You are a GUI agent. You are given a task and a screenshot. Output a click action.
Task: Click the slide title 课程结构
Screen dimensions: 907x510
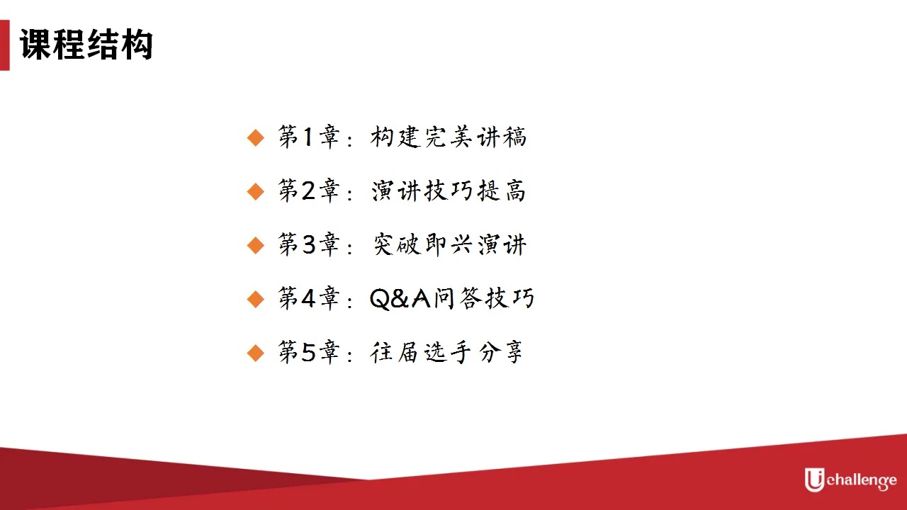click(x=86, y=45)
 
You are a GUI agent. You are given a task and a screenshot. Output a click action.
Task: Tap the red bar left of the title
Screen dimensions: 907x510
click(x=4, y=45)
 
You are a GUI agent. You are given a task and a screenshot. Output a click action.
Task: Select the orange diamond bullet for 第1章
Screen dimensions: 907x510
click(x=256, y=137)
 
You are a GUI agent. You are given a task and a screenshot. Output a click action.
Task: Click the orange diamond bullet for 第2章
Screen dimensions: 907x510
click(x=256, y=191)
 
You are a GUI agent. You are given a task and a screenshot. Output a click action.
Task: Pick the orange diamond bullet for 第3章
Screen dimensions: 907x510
click(x=256, y=245)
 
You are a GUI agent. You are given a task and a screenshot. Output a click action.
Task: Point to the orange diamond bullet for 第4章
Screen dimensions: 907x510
click(x=256, y=299)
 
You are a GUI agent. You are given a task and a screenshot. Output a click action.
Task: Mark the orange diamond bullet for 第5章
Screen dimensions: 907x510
click(x=256, y=353)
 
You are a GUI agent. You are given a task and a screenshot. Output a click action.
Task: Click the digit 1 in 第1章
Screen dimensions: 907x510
click(x=308, y=137)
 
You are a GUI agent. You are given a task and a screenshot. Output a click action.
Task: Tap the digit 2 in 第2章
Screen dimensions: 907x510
click(x=308, y=191)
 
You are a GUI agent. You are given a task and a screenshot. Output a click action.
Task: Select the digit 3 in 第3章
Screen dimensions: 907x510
click(x=308, y=244)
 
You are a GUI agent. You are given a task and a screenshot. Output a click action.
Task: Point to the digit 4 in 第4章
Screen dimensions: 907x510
click(x=308, y=298)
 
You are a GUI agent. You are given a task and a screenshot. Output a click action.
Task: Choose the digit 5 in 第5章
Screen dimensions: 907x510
click(x=308, y=352)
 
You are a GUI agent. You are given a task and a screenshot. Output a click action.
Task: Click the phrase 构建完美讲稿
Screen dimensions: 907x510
click(x=449, y=137)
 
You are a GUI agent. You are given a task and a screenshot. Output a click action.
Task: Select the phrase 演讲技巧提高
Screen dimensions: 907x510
click(x=449, y=191)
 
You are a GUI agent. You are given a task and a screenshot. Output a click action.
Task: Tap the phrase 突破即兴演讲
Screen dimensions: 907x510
click(x=449, y=244)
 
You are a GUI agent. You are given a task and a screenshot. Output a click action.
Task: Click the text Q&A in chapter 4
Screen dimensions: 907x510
click(x=400, y=299)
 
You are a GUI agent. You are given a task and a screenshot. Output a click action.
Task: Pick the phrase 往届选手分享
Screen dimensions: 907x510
click(x=446, y=352)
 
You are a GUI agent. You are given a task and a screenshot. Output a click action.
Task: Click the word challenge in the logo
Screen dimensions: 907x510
click(x=862, y=481)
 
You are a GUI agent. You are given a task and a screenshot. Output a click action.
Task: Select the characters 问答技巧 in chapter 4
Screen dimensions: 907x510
click(x=484, y=298)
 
